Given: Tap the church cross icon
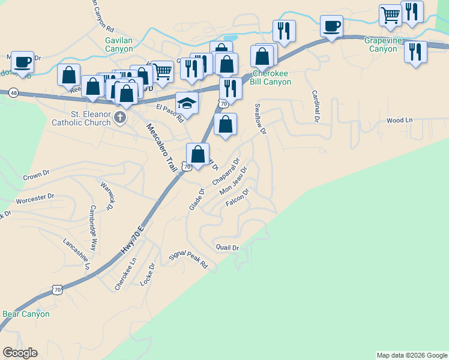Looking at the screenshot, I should (x=120, y=116).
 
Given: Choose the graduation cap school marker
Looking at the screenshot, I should (x=187, y=103).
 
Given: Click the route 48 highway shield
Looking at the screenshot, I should (x=14, y=92).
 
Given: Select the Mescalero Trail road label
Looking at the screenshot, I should (x=163, y=148).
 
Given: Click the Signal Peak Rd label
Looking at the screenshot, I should (x=188, y=260).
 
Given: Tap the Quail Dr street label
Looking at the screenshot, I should (x=228, y=247).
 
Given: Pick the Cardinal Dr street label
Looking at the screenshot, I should (x=315, y=106).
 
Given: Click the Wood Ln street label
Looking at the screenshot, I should (x=400, y=120).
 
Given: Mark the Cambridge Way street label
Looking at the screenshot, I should (x=93, y=229).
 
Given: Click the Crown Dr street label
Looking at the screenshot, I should (x=36, y=175).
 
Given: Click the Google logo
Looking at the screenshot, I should (x=20, y=353).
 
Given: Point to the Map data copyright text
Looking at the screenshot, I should (x=412, y=355).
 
